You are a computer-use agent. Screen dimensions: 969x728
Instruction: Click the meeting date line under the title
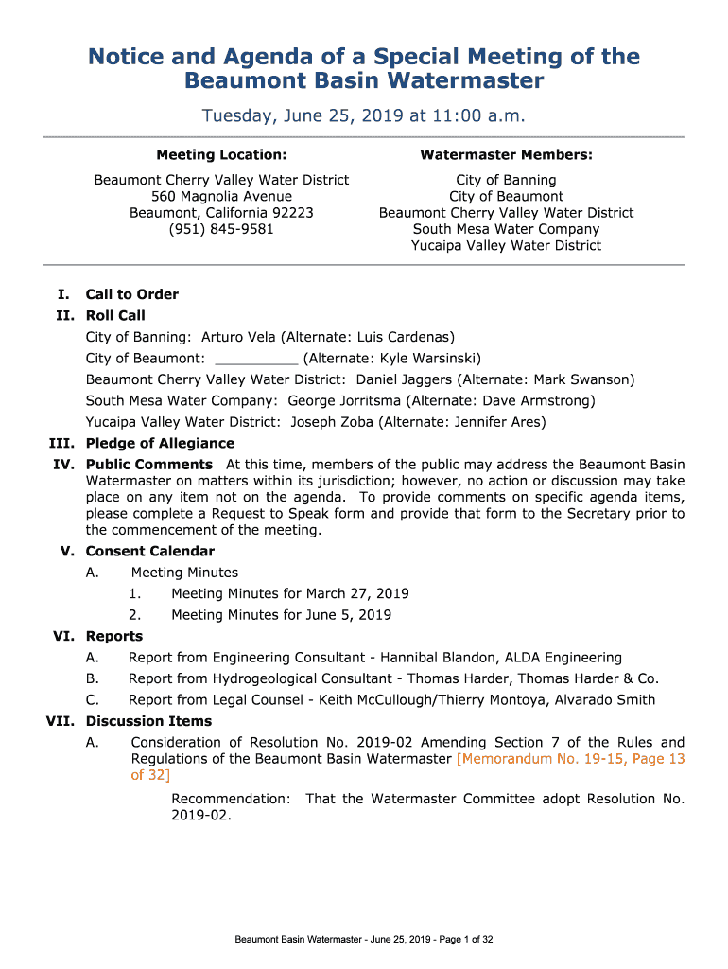pyautogui.click(x=363, y=116)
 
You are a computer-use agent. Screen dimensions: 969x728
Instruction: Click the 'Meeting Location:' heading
pyautogui.click(x=221, y=154)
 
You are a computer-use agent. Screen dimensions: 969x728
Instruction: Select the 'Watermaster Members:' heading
pyautogui.click(x=506, y=154)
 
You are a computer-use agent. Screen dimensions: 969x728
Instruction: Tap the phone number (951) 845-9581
pyautogui.click(x=221, y=229)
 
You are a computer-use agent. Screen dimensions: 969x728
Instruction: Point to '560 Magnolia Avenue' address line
pyautogui.click(x=221, y=196)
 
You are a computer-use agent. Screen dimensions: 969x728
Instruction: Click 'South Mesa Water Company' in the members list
pyautogui.click(x=506, y=229)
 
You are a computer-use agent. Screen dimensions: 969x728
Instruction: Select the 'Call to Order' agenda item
pyautogui.click(x=131, y=294)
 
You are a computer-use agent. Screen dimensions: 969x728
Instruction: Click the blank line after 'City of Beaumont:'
pyautogui.click(x=257, y=359)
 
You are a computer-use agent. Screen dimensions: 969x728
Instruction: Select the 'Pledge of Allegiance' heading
pyautogui.click(x=160, y=444)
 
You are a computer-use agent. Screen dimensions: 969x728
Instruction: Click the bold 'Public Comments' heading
pyautogui.click(x=148, y=465)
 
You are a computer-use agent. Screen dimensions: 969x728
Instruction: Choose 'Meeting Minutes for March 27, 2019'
pyautogui.click(x=289, y=594)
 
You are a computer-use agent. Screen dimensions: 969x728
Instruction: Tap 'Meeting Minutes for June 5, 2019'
pyautogui.click(x=281, y=615)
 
